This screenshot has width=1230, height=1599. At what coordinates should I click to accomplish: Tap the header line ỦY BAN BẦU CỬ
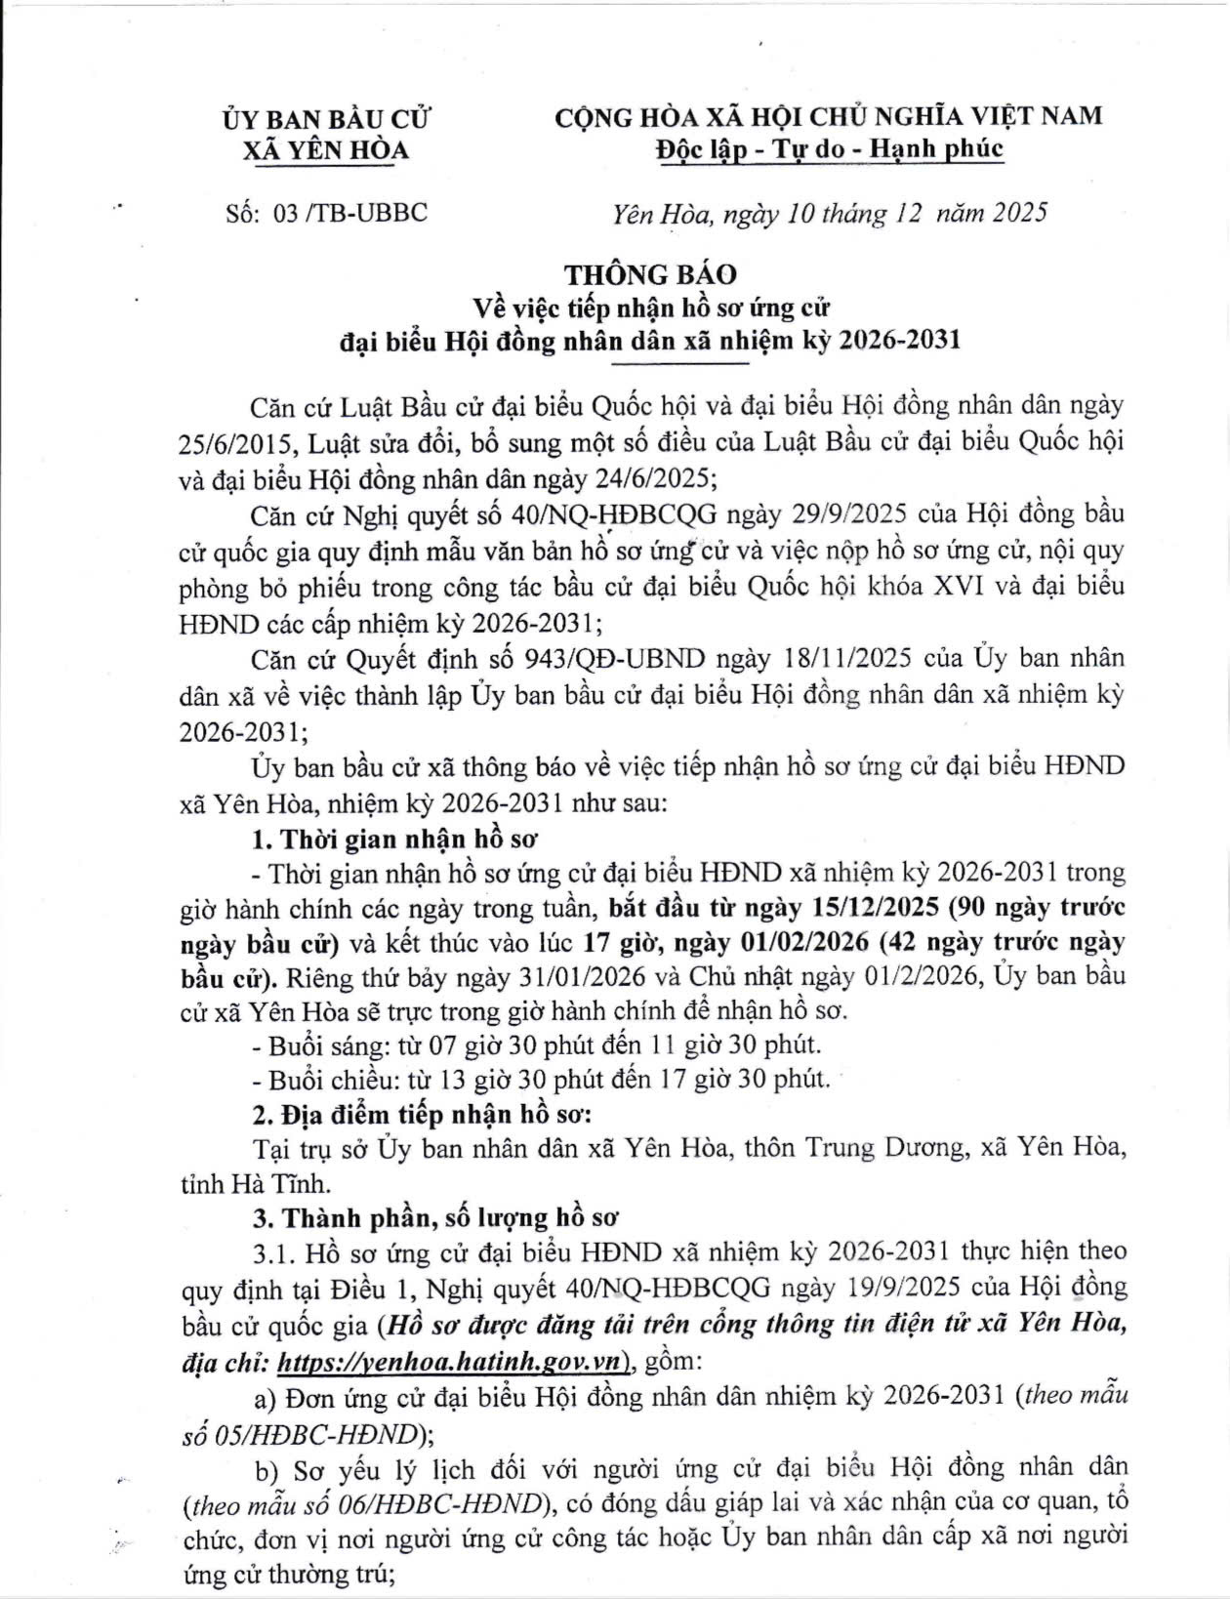(327, 119)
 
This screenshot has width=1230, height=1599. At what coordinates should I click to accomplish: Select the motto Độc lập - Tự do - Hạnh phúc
(828, 149)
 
